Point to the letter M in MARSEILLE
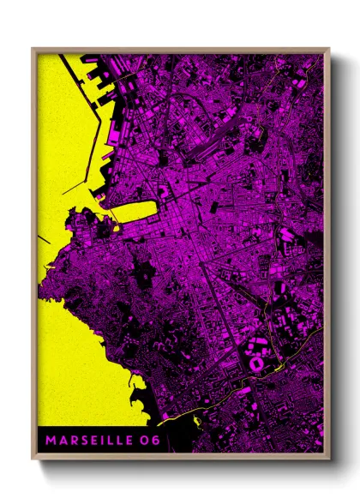point(51,441)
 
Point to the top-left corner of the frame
point(33,48)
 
